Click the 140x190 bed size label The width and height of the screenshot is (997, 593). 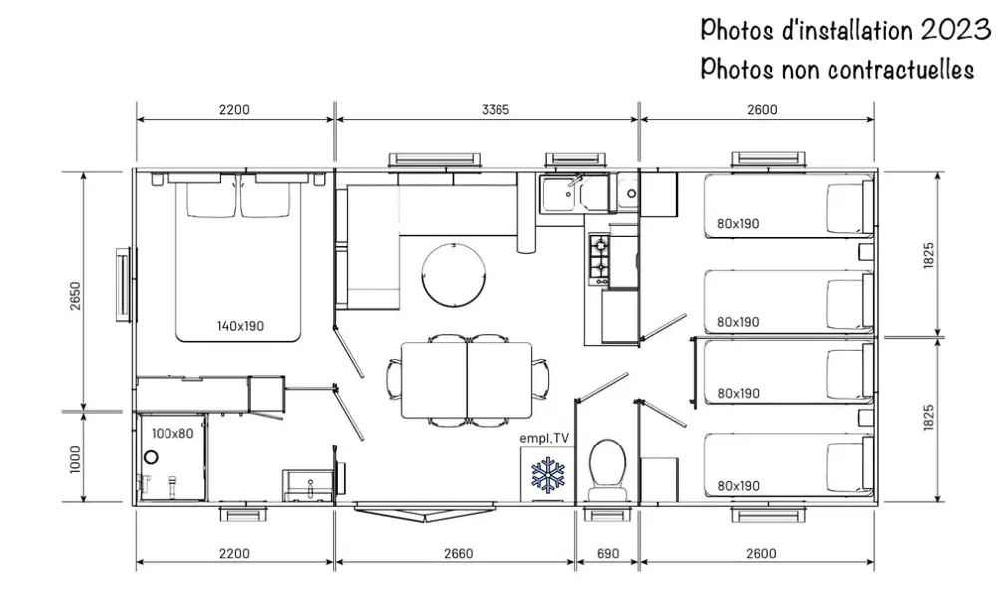pos(240,326)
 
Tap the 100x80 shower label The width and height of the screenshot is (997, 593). pos(172,434)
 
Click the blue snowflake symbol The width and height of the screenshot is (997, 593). pos(547,474)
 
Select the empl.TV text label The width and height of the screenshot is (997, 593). pos(544,438)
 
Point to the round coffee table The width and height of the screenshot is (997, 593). pos(454,274)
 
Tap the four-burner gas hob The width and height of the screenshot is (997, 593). pos(599,259)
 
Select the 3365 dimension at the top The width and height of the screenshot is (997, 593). pos(496,110)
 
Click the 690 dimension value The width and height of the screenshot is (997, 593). pos(608,553)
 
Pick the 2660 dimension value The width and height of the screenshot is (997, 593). pos(458,553)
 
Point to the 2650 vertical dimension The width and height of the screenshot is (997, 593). pos(76,296)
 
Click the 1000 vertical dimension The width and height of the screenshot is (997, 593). pos(76,459)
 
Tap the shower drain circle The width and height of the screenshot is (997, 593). pos(151,457)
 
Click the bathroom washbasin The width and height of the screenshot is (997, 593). pos(308,486)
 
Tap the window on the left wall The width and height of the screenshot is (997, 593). pos(124,284)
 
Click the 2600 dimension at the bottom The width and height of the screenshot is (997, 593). pos(761,553)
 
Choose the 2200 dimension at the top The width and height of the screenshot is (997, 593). pos(234,110)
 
